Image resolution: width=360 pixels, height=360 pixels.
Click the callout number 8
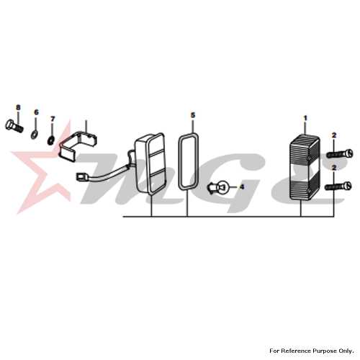18,107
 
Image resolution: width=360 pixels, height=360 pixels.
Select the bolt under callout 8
14,126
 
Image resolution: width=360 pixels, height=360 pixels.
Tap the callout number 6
36,112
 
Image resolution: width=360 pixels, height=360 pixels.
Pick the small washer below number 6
34,135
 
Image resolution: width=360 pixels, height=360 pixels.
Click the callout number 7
53,119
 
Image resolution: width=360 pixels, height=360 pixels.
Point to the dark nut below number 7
51,140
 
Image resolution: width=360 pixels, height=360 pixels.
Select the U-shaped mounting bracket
78,145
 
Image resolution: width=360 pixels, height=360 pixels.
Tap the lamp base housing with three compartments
150,163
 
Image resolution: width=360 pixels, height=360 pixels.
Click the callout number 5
193,115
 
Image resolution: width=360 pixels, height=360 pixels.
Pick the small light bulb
219,186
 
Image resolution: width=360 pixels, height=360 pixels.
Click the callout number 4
242,186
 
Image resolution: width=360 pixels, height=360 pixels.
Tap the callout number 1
305,118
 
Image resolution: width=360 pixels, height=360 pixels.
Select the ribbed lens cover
305,167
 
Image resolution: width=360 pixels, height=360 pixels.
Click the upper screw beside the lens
340,153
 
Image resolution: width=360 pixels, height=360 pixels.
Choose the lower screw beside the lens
338,186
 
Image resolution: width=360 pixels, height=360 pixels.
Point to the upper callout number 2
334,135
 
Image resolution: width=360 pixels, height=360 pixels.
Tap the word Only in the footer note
346,351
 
